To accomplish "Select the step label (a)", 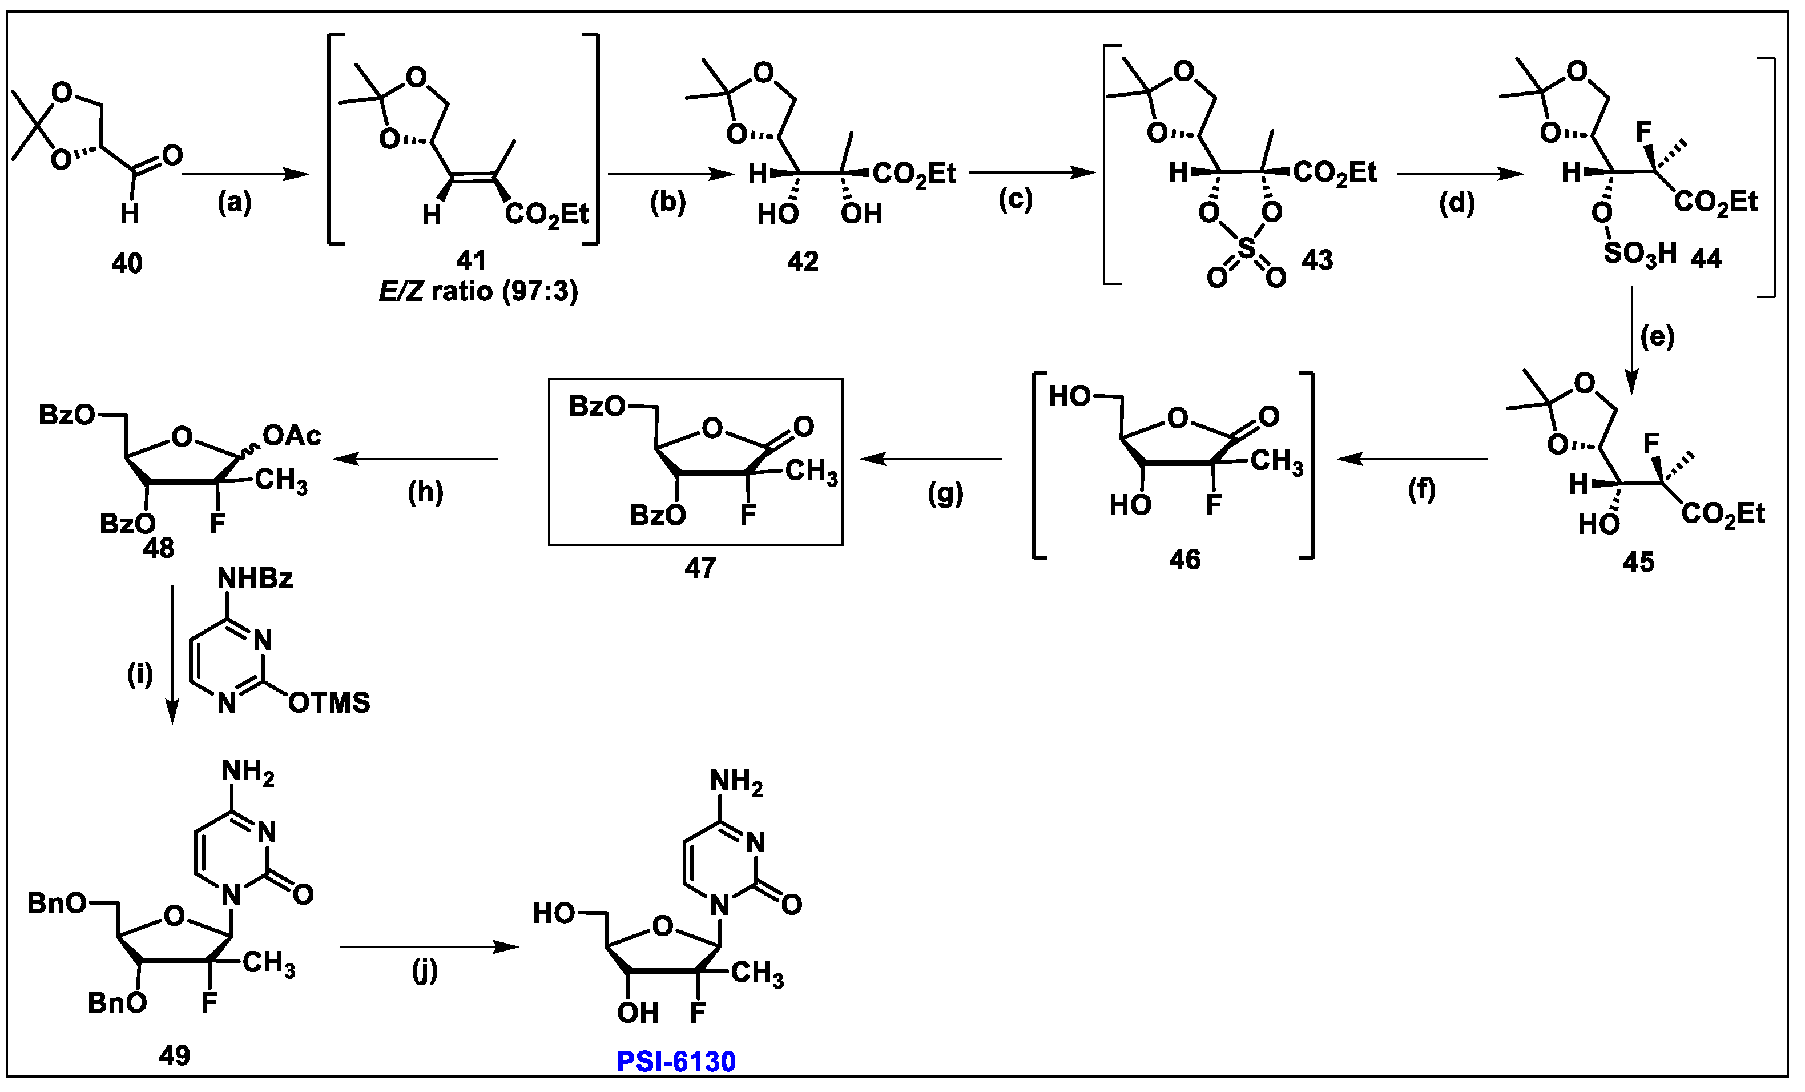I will (x=235, y=202).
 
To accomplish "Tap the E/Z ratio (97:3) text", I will (x=478, y=292).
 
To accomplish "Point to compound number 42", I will (x=803, y=262).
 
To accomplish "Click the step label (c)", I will (x=1016, y=200).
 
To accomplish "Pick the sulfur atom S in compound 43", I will (x=1246, y=248).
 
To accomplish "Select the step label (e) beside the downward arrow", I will (x=1657, y=337).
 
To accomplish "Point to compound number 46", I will (x=1184, y=560).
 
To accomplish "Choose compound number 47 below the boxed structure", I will (x=700, y=568).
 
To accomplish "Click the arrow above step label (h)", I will (x=416, y=460).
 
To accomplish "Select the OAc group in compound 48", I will (x=292, y=436).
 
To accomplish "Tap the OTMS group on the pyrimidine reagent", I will (x=329, y=703).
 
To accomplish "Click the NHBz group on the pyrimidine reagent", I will (x=255, y=579).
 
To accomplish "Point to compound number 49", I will (x=174, y=1055).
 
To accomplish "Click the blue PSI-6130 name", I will (x=676, y=1062).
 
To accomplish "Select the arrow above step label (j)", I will (x=429, y=947).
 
